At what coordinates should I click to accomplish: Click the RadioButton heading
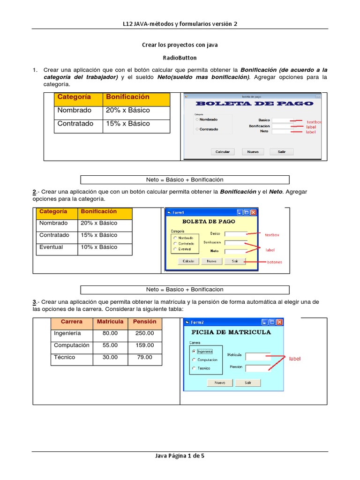tap(180, 58)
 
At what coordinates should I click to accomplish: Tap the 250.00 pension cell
tap(144, 333)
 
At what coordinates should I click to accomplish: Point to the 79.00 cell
tap(144, 358)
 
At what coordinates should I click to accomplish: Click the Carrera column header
tap(71, 322)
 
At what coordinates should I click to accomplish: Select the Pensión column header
tap(144, 322)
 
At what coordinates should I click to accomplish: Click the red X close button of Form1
tap(254, 212)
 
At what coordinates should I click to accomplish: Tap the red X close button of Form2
tap(279, 322)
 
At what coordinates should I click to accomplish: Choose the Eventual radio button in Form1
tap(175, 249)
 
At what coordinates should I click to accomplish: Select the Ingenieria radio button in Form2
tap(194, 351)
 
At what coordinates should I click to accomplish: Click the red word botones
tap(275, 262)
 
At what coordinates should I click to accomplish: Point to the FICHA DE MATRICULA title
tap(231, 332)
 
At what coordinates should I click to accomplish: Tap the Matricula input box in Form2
tap(258, 356)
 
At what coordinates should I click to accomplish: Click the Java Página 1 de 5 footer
tap(180, 455)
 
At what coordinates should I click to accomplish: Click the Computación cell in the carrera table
tap(71, 345)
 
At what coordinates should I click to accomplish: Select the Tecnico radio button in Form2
tap(194, 368)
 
